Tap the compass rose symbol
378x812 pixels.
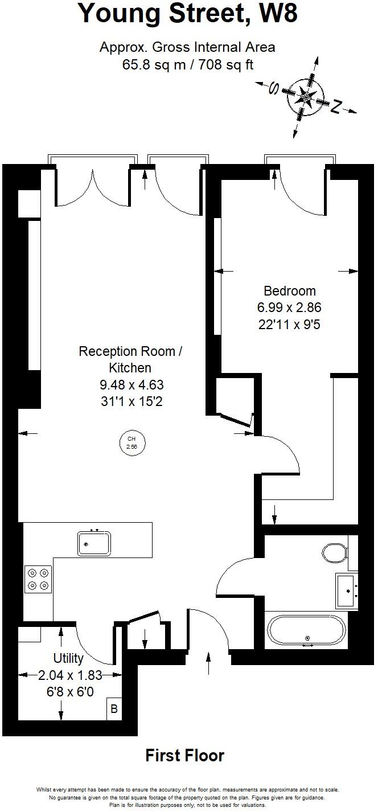point(306,98)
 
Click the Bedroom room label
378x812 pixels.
point(289,291)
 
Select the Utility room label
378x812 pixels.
point(68,659)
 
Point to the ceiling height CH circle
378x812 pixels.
point(132,442)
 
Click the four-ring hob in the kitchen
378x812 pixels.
point(38,579)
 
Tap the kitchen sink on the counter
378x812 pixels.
point(94,543)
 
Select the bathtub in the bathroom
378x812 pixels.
point(307,631)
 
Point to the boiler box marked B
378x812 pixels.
point(114,709)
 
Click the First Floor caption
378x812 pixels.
point(185,756)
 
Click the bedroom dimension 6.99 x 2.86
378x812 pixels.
point(289,308)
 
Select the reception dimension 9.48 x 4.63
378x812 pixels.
point(132,385)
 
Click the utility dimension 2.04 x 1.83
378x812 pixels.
point(70,675)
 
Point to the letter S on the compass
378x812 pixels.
point(274,88)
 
